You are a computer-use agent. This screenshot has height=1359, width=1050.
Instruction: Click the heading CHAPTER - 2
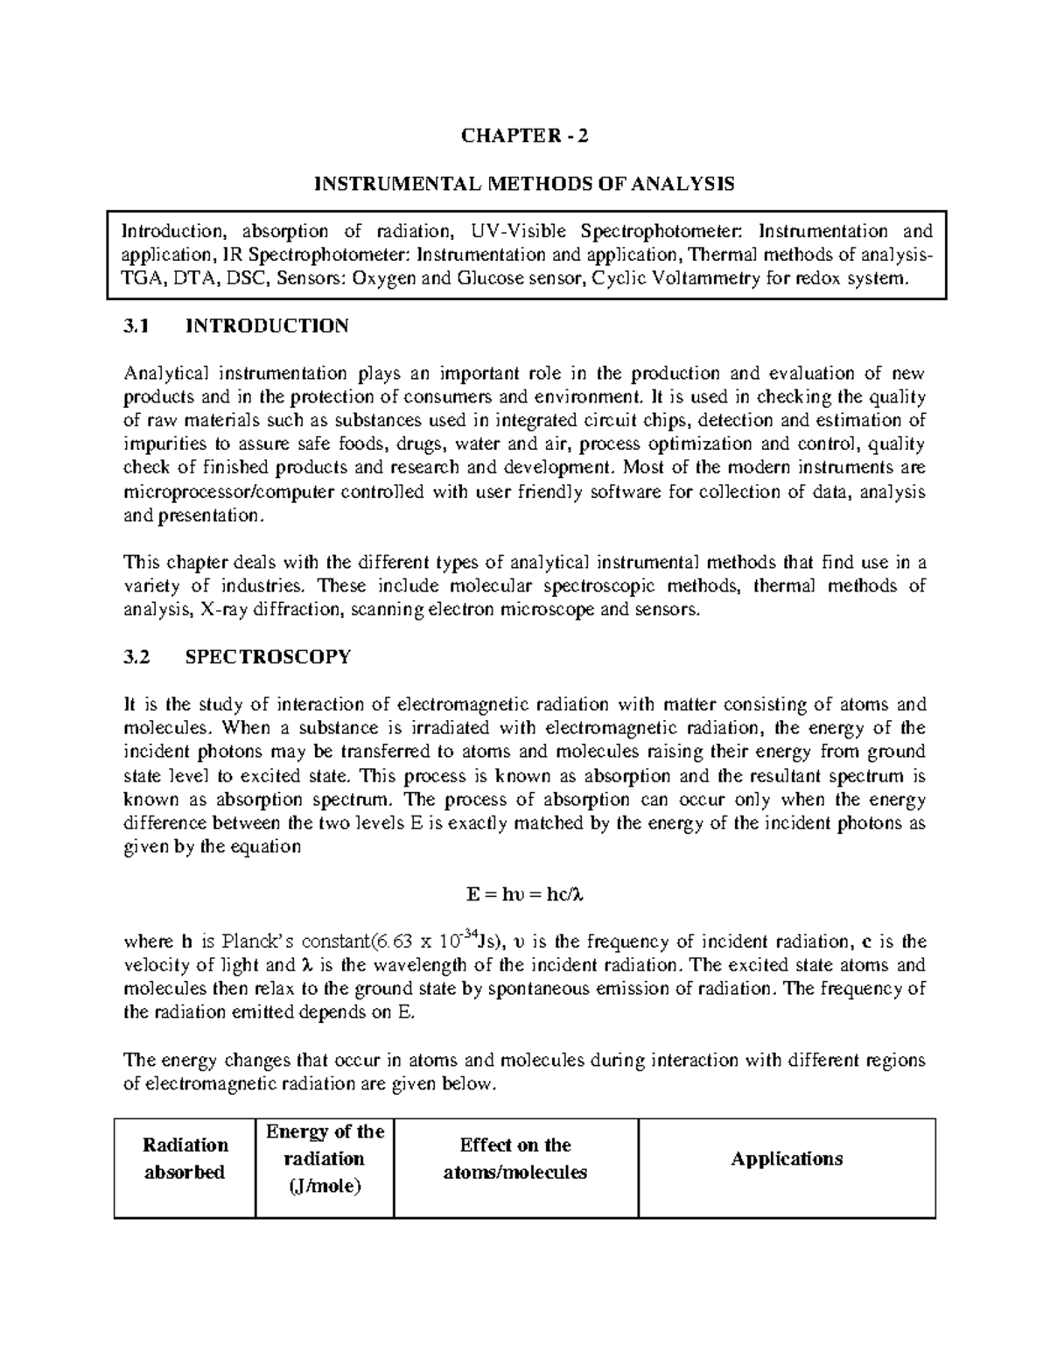[x=525, y=136]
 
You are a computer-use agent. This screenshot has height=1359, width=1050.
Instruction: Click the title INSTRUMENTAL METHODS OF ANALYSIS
[x=525, y=184]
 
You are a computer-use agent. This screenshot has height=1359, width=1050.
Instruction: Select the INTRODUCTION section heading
[x=267, y=326]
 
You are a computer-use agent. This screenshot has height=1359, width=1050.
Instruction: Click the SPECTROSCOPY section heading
[x=269, y=657]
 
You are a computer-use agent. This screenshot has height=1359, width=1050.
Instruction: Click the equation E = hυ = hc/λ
[x=525, y=895]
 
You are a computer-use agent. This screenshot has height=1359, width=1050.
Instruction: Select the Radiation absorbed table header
[x=185, y=1159]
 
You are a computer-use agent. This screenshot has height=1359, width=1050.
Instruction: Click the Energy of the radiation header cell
[x=325, y=1159]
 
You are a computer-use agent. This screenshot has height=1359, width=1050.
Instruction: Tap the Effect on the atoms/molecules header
[x=515, y=1159]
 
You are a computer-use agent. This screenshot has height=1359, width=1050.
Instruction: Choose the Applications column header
[x=787, y=1159]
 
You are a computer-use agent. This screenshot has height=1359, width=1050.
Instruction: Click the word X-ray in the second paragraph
[x=224, y=610]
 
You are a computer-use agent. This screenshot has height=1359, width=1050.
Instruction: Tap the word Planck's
[x=257, y=942]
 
